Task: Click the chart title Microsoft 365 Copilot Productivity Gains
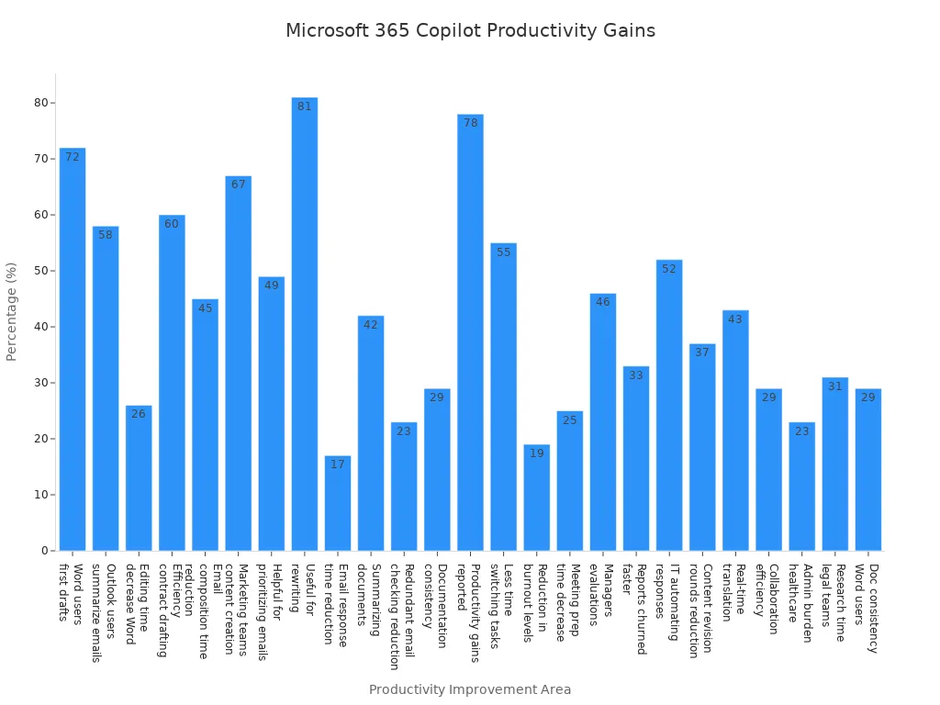470,31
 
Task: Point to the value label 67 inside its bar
238,185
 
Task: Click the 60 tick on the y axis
40,215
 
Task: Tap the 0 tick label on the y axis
43,551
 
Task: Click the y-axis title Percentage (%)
12,311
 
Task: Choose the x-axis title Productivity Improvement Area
470,689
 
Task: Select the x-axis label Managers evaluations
601,594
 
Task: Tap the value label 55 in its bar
503,252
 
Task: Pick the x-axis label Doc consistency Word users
867,608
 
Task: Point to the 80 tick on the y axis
40,103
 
